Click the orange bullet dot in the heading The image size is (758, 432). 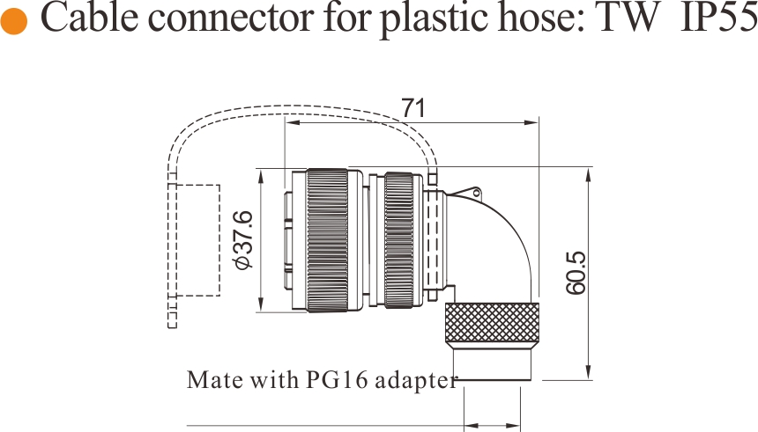coord(13,21)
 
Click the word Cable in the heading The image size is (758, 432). coord(90,18)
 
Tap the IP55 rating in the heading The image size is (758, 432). coord(718,18)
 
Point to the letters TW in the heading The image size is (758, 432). coord(629,18)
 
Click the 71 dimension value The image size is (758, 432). coord(413,108)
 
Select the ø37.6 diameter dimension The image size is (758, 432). coord(242,240)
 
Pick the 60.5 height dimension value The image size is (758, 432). coord(576,273)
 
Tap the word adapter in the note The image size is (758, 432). coord(416,381)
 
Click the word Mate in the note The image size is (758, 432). coord(215,380)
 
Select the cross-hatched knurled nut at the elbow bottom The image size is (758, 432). coord(492,326)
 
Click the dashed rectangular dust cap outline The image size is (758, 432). coord(197,240)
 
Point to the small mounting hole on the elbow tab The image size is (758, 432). coord(476,194)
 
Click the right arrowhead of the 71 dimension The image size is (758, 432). coord(531,122)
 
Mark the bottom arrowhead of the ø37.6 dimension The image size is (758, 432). coord(261,305)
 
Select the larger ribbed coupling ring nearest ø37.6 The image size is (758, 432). coord(327,240)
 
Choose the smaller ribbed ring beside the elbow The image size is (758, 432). coord(398,240)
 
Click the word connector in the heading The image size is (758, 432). coord(232,18)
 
